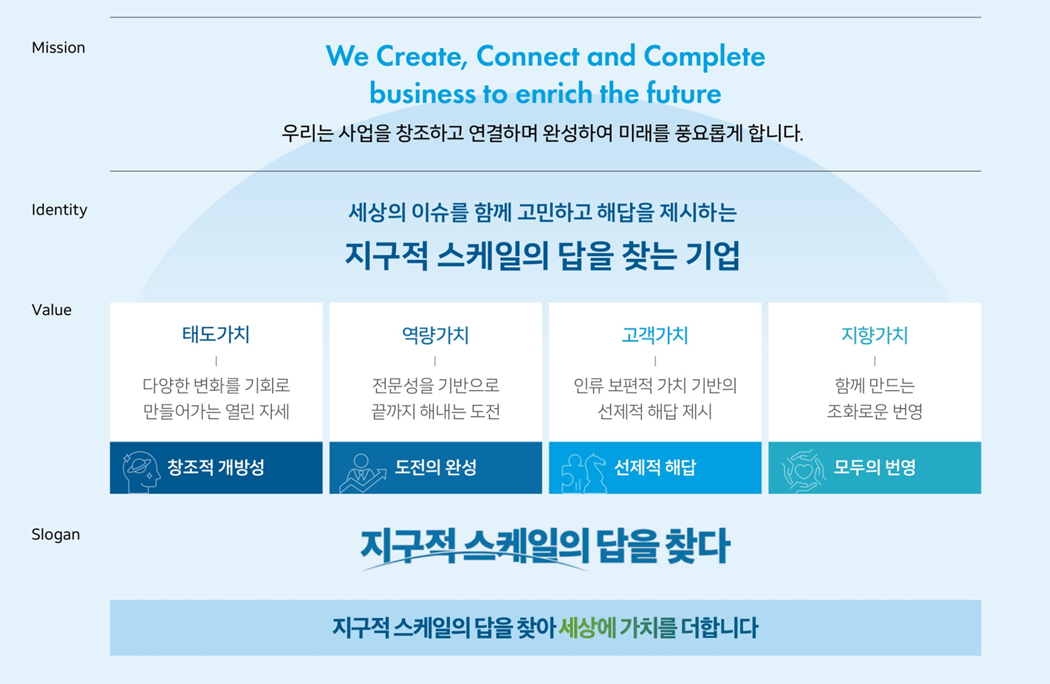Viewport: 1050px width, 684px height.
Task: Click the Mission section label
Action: [x=58, y=48]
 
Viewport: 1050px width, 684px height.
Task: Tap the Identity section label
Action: [x=59, y=210]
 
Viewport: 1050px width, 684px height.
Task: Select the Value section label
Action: [x=52, y=310]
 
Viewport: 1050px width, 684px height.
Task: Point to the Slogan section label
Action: [x=56, y=534]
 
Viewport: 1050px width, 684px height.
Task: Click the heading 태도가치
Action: [x=216, y=334]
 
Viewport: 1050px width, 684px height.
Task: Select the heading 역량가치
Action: [x=435, y=335]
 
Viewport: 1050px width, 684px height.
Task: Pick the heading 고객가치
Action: [x=655, y=335]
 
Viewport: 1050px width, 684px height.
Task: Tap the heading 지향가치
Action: [x=874, y=335]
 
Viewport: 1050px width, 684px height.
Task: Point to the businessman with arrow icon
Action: [x=362, y=473]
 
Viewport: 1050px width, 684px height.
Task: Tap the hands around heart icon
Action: [x=803, y=471]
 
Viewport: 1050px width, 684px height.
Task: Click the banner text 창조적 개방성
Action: [x=216, y=467]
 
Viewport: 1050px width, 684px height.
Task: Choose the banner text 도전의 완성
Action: [x=436, y=467]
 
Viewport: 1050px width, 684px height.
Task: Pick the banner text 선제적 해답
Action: [x=655, y=467]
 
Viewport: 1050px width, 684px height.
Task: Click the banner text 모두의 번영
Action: [x=875, y=467]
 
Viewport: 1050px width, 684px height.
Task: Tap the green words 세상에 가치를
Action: [x=618, y=628]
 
